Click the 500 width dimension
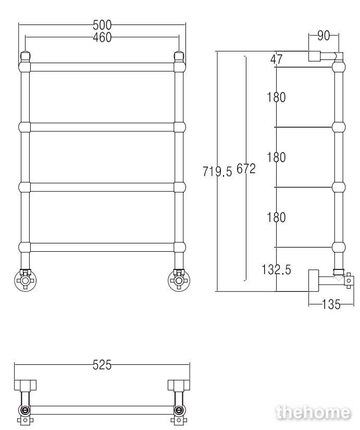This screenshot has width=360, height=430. point(102,25)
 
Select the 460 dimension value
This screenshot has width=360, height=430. point(102,38)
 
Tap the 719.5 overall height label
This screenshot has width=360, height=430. point(217,171)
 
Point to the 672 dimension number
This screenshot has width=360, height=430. point(246,169)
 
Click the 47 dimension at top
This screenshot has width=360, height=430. point(276,59)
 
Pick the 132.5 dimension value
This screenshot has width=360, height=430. point(276,269)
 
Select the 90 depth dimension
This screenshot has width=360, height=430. point(324,35)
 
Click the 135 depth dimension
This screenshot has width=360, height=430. point(331,304)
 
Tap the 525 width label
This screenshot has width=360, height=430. point(102,365)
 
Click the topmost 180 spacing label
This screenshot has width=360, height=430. point(276,97)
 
